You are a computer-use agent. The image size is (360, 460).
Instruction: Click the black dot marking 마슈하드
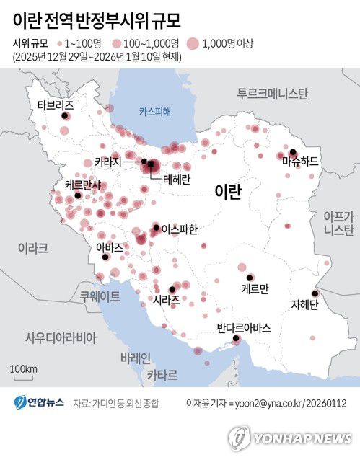281,154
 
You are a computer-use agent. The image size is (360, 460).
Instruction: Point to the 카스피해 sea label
155,111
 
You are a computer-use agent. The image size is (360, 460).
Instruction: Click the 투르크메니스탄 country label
273,94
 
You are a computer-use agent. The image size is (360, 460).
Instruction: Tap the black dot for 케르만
250,278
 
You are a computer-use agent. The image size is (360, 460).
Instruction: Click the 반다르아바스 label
243,328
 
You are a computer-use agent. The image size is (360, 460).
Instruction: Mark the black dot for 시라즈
172,289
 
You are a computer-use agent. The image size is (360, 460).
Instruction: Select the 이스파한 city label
179,229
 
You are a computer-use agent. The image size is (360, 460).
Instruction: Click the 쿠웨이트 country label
100,296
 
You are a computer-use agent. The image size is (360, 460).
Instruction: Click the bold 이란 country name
228,190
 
